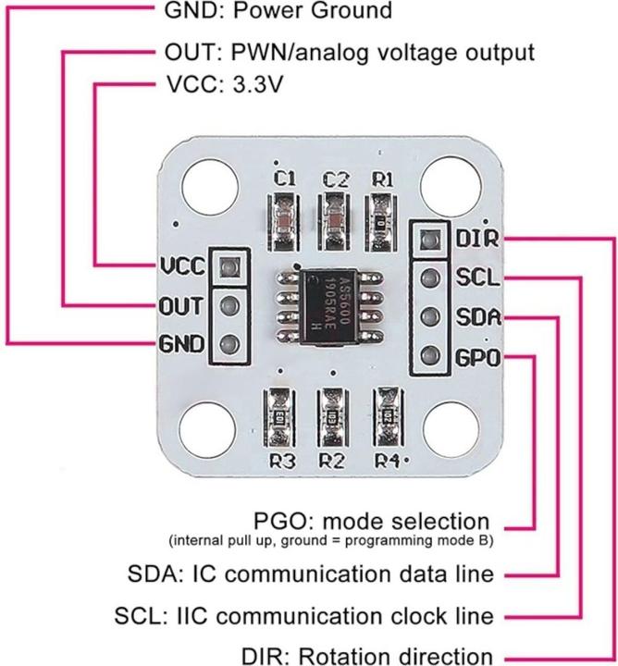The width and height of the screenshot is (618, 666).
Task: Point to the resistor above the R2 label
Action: tap(330, 415)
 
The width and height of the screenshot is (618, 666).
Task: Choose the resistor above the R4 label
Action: tap(383, 413)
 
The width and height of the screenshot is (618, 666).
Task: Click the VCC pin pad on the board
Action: tap(229, 269)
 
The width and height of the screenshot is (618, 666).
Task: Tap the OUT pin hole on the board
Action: tap(229, 306)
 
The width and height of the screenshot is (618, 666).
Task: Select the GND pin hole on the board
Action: tap(229, 344)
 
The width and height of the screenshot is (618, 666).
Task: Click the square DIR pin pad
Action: tap(426, 239)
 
